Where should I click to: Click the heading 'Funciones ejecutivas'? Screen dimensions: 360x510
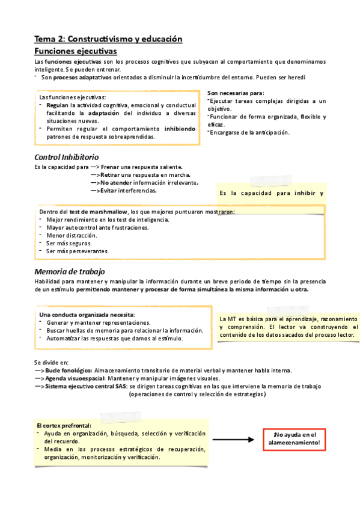(76, 52)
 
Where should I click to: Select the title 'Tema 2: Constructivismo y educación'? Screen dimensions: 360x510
(108, 39)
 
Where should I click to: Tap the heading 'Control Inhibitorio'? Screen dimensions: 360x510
(68, 157)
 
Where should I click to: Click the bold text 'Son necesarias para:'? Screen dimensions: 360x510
(236, 93)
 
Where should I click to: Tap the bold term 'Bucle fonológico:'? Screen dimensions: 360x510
(69, 371)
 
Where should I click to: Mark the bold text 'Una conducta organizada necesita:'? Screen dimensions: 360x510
(87, 315)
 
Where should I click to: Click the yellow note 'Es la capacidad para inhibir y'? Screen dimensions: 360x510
(272, 193)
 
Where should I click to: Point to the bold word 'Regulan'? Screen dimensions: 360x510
(58, 105)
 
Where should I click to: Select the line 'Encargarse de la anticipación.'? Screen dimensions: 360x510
(249, 132)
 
